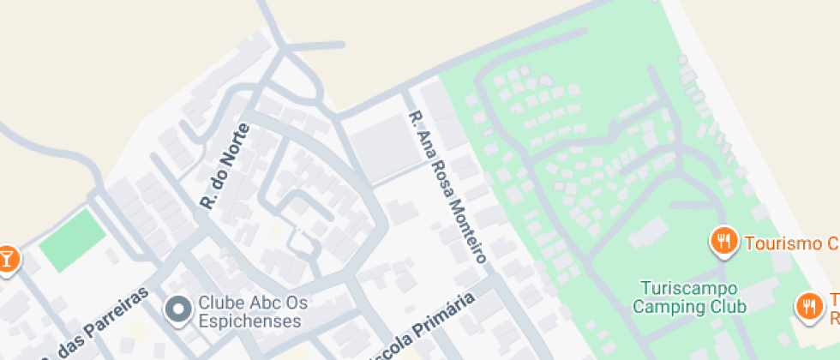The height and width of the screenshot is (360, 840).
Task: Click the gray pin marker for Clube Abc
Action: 178,309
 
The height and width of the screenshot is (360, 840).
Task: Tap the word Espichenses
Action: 249,321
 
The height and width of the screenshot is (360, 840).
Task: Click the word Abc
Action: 260,303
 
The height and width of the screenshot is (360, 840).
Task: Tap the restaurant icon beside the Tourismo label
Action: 724,242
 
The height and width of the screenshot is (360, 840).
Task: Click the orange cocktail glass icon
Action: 7,257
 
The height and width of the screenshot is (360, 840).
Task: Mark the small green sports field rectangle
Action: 73,239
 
